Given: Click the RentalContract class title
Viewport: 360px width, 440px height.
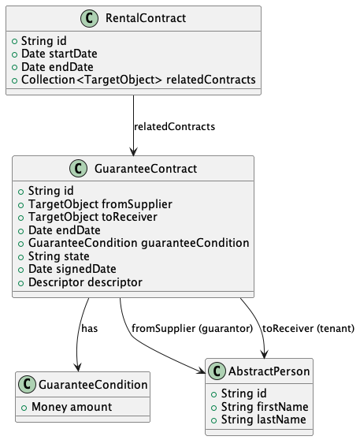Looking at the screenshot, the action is click(146, 18).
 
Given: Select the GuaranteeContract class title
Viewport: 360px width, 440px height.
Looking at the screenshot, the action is click(146, 169).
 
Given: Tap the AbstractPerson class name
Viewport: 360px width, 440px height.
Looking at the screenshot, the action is click(269, 371).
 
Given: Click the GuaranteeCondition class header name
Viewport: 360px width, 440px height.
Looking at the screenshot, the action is click(93, 385).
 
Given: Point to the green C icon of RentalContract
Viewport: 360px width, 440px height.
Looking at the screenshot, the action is click(90, 18).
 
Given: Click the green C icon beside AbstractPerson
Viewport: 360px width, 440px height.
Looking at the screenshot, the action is click(217, 371).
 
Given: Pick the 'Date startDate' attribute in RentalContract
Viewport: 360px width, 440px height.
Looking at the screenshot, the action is click(59, 54).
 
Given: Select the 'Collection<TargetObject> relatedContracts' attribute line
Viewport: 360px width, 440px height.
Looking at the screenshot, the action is click(138, 80).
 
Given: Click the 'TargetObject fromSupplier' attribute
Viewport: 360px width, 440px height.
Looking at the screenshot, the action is click(100, 204).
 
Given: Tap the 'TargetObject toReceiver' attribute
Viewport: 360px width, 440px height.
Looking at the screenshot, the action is click(92, 217).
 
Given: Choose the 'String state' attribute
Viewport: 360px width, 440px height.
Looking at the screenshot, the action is click(58, 256).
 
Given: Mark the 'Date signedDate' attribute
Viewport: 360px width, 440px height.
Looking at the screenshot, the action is click(72, 269).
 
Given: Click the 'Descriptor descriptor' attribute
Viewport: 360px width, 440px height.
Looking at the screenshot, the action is click(85, 282).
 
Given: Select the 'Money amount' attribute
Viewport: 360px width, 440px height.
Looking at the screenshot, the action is click(72, 407).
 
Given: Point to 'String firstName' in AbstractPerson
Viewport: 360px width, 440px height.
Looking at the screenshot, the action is click(265, 407).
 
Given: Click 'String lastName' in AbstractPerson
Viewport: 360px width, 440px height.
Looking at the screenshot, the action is click(264, 419).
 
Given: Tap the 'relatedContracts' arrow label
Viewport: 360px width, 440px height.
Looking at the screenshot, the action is click(174, 126).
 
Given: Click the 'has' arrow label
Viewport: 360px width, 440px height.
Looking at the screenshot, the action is click(90, 328).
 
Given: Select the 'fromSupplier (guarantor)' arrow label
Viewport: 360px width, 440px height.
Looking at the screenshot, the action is click(192, 328).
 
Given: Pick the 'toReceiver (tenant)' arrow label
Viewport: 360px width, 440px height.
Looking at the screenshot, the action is click(309, 328).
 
